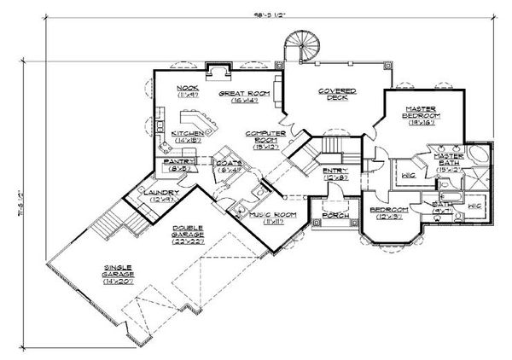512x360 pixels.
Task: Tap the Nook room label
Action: (x=188, y=89)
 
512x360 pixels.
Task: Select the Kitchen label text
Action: (x=187, y=135)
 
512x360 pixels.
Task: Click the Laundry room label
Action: (x=161, y=194)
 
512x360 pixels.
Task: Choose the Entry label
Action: (x=333, y=174)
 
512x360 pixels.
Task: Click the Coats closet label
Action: (x=227, y=165)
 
